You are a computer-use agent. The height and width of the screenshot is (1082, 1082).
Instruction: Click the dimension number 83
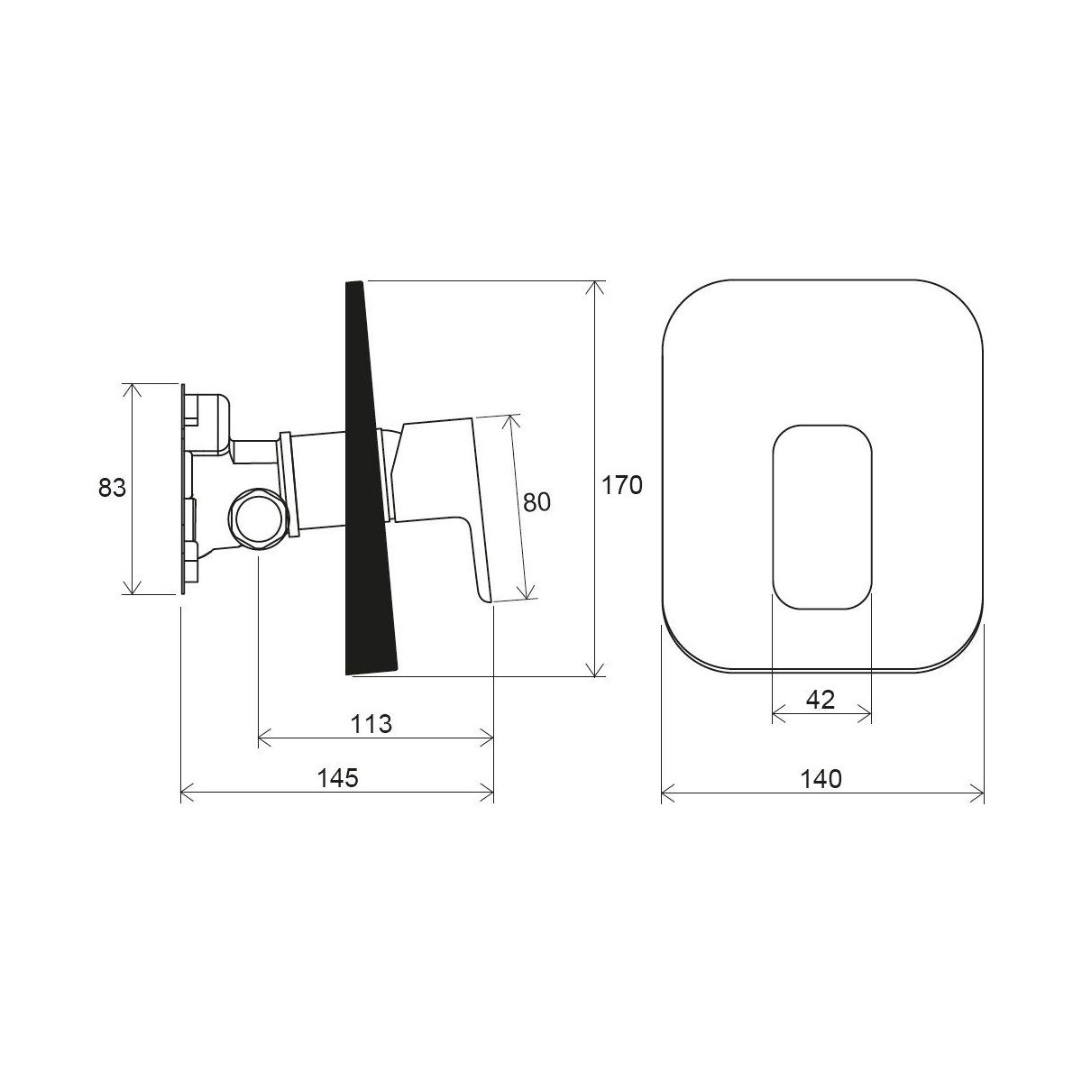(113, 488)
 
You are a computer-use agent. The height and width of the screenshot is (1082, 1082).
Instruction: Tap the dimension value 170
(621, 485)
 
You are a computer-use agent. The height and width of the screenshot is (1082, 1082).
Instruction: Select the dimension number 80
(536, 502)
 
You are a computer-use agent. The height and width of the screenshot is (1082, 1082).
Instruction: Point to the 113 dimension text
(371, 724)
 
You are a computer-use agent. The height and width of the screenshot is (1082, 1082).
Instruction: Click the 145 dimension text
(337, 777)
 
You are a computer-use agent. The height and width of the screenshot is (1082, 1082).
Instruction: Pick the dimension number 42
(821, 700)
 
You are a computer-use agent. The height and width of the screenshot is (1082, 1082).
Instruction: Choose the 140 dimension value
(821, 779)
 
